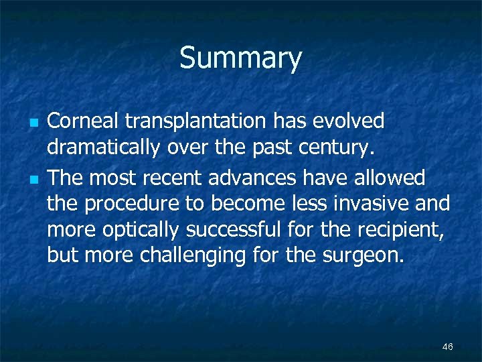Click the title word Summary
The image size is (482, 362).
[240, 59]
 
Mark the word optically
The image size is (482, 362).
[141, 230]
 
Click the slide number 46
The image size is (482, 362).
[448, 347]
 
